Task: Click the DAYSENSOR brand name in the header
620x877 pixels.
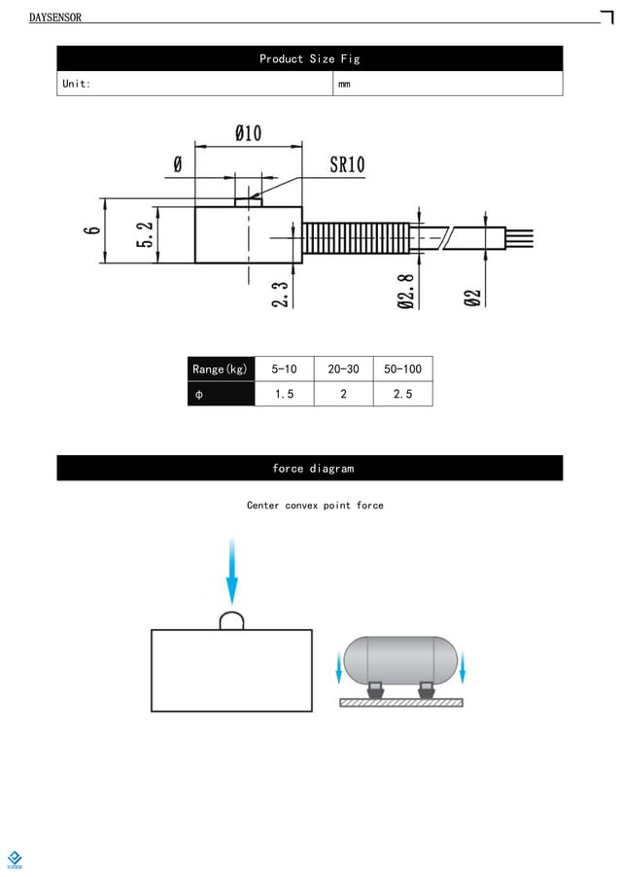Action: click(x=55, y=18)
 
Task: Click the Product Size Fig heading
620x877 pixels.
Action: click(x=309, y=59)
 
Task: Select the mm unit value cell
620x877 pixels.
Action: click(x=344, y=85)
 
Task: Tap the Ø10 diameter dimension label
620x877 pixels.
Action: click(x=248, y=133)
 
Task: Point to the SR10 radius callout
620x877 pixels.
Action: click(x=347, y=164)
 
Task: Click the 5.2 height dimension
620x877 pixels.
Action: click(x=145, y=234)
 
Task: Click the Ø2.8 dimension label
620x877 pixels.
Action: click(x=407, y=291)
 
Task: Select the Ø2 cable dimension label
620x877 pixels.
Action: click(x=473, y=297)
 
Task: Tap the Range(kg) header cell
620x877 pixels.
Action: click(x=221, y=369)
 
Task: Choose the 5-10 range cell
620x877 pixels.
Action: click(x=285, y=369)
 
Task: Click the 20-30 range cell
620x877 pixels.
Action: click(x=343, y=369)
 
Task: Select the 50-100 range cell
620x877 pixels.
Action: click(x=402, y=369)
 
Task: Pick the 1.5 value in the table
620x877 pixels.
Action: click(x=285, y=394)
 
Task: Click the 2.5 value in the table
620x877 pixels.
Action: click(x=402, y=394)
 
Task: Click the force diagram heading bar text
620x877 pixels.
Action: click(x=313, y=469)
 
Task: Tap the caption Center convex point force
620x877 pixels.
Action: click(x=315, y=506)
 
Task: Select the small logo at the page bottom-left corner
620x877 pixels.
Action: click(x=15, y=859)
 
